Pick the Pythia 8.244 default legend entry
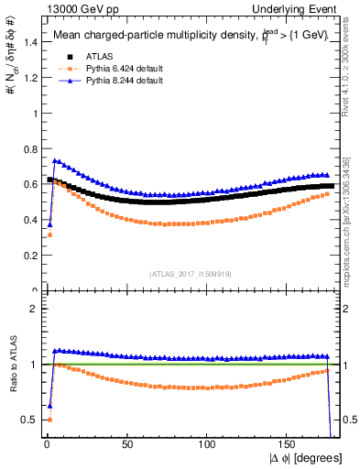pyautogui.click(x=115, y=82)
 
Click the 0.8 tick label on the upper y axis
pyautogui.click(x=27, y=149)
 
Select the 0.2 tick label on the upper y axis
pyautogui.click(x=27, y=256)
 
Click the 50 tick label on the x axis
pyautogui.click(x=127, y=444)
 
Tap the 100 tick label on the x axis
pyautogui.click(x=207, y=444)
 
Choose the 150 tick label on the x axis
pyautogui.click(x=288, y=444)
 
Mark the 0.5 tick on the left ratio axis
pyautogui.click(x=27, y=420)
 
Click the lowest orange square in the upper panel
pyautogui.click(x=49, y=235)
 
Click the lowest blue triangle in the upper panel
pyautogui.click(x=49, y=224)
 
